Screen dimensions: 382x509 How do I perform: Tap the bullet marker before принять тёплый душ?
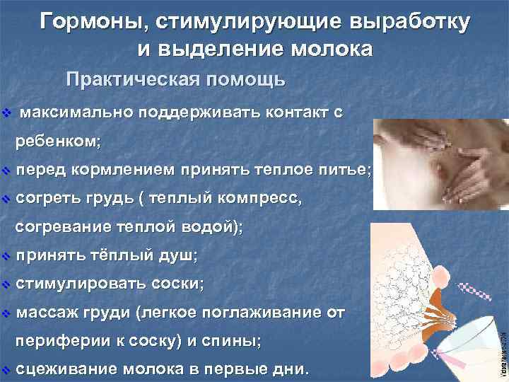coord(6,255)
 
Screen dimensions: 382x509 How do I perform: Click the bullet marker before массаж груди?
coord(6,313)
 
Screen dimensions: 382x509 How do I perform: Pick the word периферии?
coord(57,341)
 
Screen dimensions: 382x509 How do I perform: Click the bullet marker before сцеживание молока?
coord(6,369)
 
